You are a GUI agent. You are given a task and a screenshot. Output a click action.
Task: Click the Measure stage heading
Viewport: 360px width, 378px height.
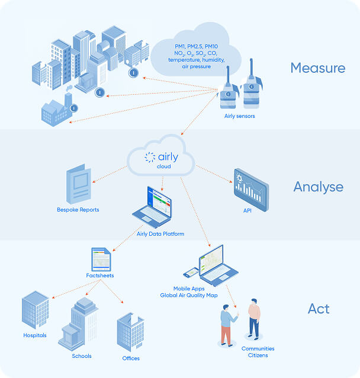click(x=317, y=68)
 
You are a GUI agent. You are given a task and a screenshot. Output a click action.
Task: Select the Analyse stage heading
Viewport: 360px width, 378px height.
click(x=318, y=187)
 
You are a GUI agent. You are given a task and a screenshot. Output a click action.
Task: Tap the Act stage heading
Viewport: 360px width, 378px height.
click(x=319, y=309)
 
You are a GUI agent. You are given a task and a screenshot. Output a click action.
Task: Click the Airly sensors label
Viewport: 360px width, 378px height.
click(x=239, y=116)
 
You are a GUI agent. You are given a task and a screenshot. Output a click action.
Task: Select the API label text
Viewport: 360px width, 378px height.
click(x=247, y=210)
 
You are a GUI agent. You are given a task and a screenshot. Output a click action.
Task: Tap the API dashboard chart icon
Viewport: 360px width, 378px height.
click(x=250, y=185)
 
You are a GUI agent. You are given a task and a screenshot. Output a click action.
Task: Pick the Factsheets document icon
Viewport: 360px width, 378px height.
click(x=100, y=259)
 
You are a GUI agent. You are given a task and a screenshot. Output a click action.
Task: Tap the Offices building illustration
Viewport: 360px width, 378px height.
click(x=130, y=332)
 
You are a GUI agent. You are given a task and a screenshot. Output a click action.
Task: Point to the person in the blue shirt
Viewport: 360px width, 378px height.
click(x=227, y=325)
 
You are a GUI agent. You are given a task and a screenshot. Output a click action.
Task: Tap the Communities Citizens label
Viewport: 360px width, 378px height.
click(x=258, y=352)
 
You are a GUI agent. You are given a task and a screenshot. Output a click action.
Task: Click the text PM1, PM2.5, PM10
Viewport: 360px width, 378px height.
click(x=196, y=46)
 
